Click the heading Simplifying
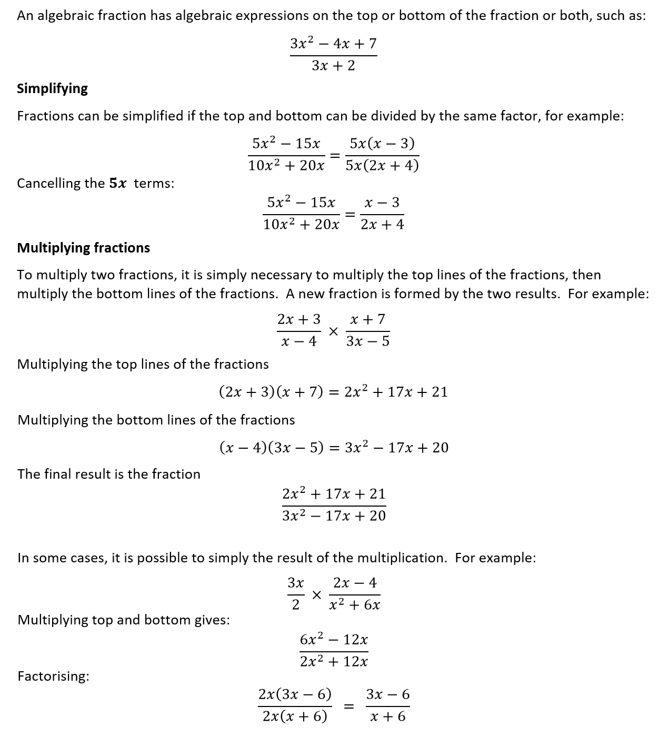coord(52,88)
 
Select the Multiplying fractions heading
coord(83,248)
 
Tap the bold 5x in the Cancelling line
coord(118,184)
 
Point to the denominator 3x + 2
coord(333,66)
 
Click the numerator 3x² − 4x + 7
coord(333,43)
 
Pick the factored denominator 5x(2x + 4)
coord(382,166)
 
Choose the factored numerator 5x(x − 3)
coord(382,144)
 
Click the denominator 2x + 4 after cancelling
coord(382,225)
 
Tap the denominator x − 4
coord(299,341)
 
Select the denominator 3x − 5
coord(368,341)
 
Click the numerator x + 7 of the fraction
coord(368,319)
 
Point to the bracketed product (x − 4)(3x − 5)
coord(271,448)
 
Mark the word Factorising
coord(53,676)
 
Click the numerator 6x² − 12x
coord(334,640)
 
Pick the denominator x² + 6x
coord(354,605)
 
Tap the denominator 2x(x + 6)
coord(295,716)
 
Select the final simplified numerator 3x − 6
coord(388,694)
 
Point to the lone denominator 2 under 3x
coord(295,605)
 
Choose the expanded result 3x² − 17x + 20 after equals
coord(396,448)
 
